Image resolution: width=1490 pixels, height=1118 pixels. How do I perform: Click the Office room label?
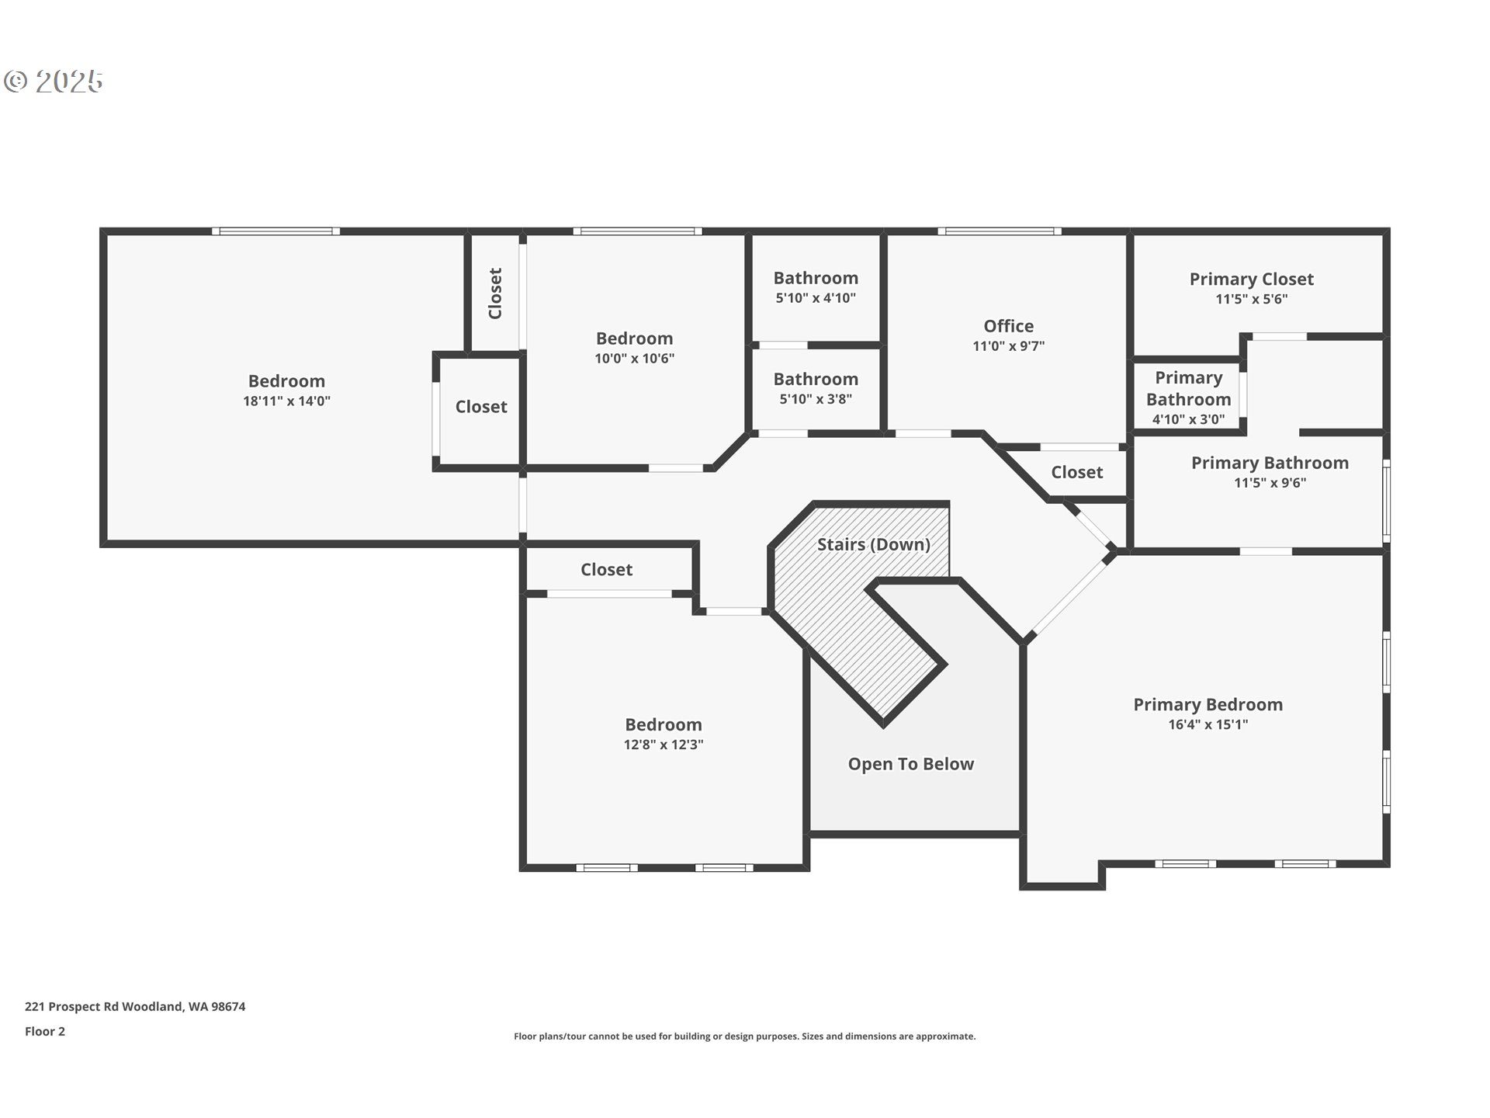1008,326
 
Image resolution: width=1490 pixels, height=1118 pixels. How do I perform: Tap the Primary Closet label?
1251,279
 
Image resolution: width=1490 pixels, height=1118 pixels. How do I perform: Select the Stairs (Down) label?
873,544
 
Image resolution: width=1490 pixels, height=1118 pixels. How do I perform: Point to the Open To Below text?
910,764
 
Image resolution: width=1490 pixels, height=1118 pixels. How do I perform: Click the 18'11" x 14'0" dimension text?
286,401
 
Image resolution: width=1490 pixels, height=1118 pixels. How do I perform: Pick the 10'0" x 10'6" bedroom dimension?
634,359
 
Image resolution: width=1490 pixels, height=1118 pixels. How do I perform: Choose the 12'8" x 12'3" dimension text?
664,745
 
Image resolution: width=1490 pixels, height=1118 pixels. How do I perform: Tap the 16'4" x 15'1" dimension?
1208,724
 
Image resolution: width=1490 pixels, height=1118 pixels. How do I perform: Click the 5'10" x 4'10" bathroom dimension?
816,298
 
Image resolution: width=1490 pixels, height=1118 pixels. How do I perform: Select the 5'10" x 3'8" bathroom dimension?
816,399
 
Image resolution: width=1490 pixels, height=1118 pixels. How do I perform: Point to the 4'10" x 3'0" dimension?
1188,419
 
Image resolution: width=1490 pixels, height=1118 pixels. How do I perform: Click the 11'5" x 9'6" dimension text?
1270,483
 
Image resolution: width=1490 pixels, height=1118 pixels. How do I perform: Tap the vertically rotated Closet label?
495,293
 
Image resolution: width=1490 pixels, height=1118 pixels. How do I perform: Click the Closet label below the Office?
1076,472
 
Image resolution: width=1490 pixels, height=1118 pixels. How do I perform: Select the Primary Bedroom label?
1208,705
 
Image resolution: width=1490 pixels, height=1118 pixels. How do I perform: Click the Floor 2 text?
45,1031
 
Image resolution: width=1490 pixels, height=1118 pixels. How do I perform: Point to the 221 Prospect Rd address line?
135,1006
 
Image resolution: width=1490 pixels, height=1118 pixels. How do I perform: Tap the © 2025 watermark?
53,81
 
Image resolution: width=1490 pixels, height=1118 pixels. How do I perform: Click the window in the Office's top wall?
1000,231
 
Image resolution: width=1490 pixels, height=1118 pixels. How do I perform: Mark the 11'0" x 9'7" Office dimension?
1008,346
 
